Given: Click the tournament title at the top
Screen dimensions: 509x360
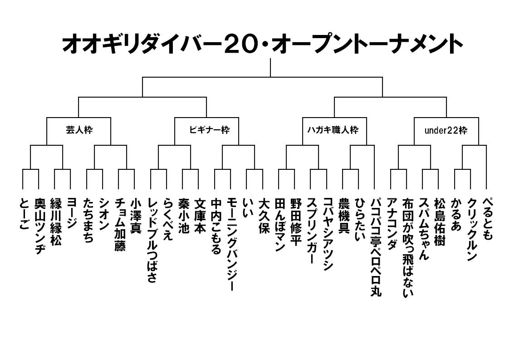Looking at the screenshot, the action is tap(262, 45).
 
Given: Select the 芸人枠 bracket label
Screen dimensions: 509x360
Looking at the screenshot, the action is tap(79, 130).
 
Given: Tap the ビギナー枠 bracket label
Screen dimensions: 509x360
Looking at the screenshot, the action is tap(207, 130).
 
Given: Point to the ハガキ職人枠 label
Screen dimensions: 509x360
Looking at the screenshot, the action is tap(335, 130).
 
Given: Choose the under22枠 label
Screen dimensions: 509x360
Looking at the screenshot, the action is tap(445, 130).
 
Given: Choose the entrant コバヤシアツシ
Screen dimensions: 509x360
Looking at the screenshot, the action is tap(328, 234).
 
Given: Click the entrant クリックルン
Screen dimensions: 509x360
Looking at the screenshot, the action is tap(471, 229).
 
